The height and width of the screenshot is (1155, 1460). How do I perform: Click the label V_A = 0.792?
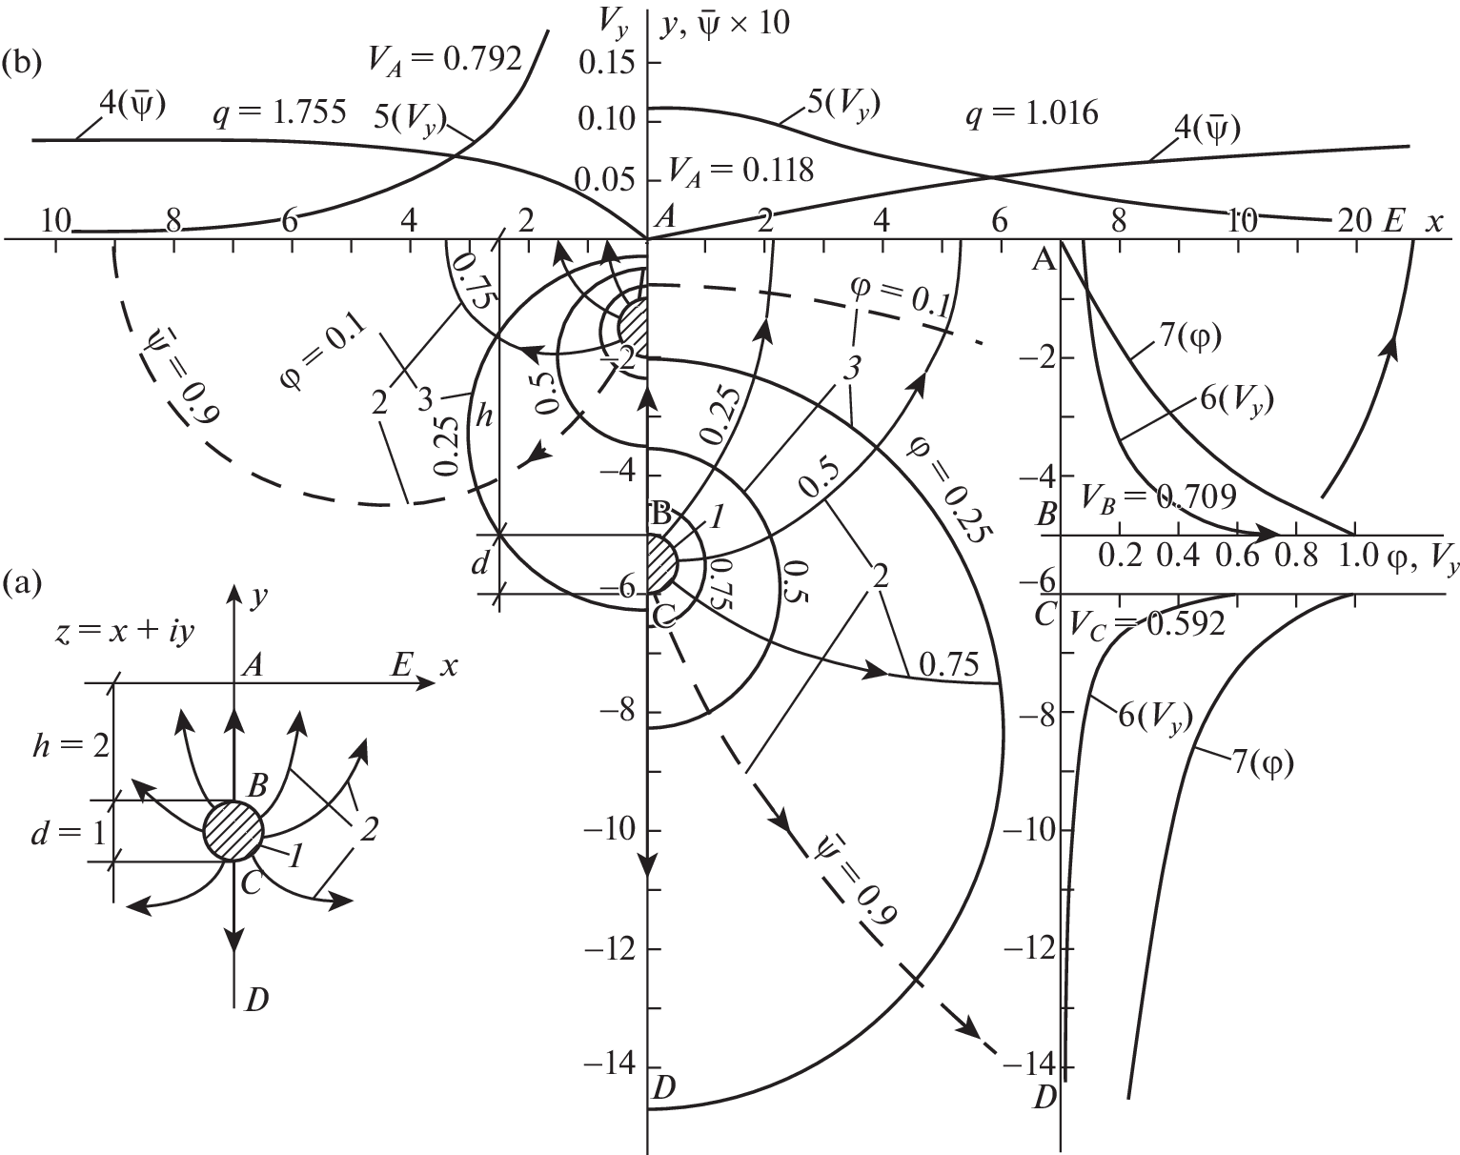445,60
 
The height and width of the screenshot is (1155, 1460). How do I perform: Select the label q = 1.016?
1031,112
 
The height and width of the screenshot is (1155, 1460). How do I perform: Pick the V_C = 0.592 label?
1146,623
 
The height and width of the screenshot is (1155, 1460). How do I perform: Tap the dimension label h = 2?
71,747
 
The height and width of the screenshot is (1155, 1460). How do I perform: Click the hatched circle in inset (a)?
233,831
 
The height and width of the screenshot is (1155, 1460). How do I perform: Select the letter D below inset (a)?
256,999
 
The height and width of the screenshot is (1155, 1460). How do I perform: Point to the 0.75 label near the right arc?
948,665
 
